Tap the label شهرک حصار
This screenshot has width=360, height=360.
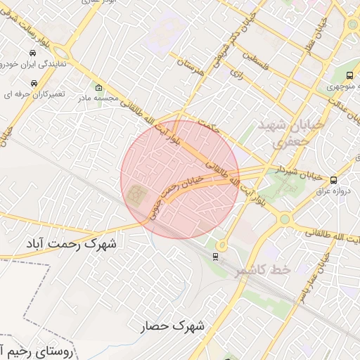(172, 326)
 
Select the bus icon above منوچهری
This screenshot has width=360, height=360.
(350, 76)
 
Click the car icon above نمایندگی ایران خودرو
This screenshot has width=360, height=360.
(33, 53)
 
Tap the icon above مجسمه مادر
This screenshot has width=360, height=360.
(98, 88)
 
